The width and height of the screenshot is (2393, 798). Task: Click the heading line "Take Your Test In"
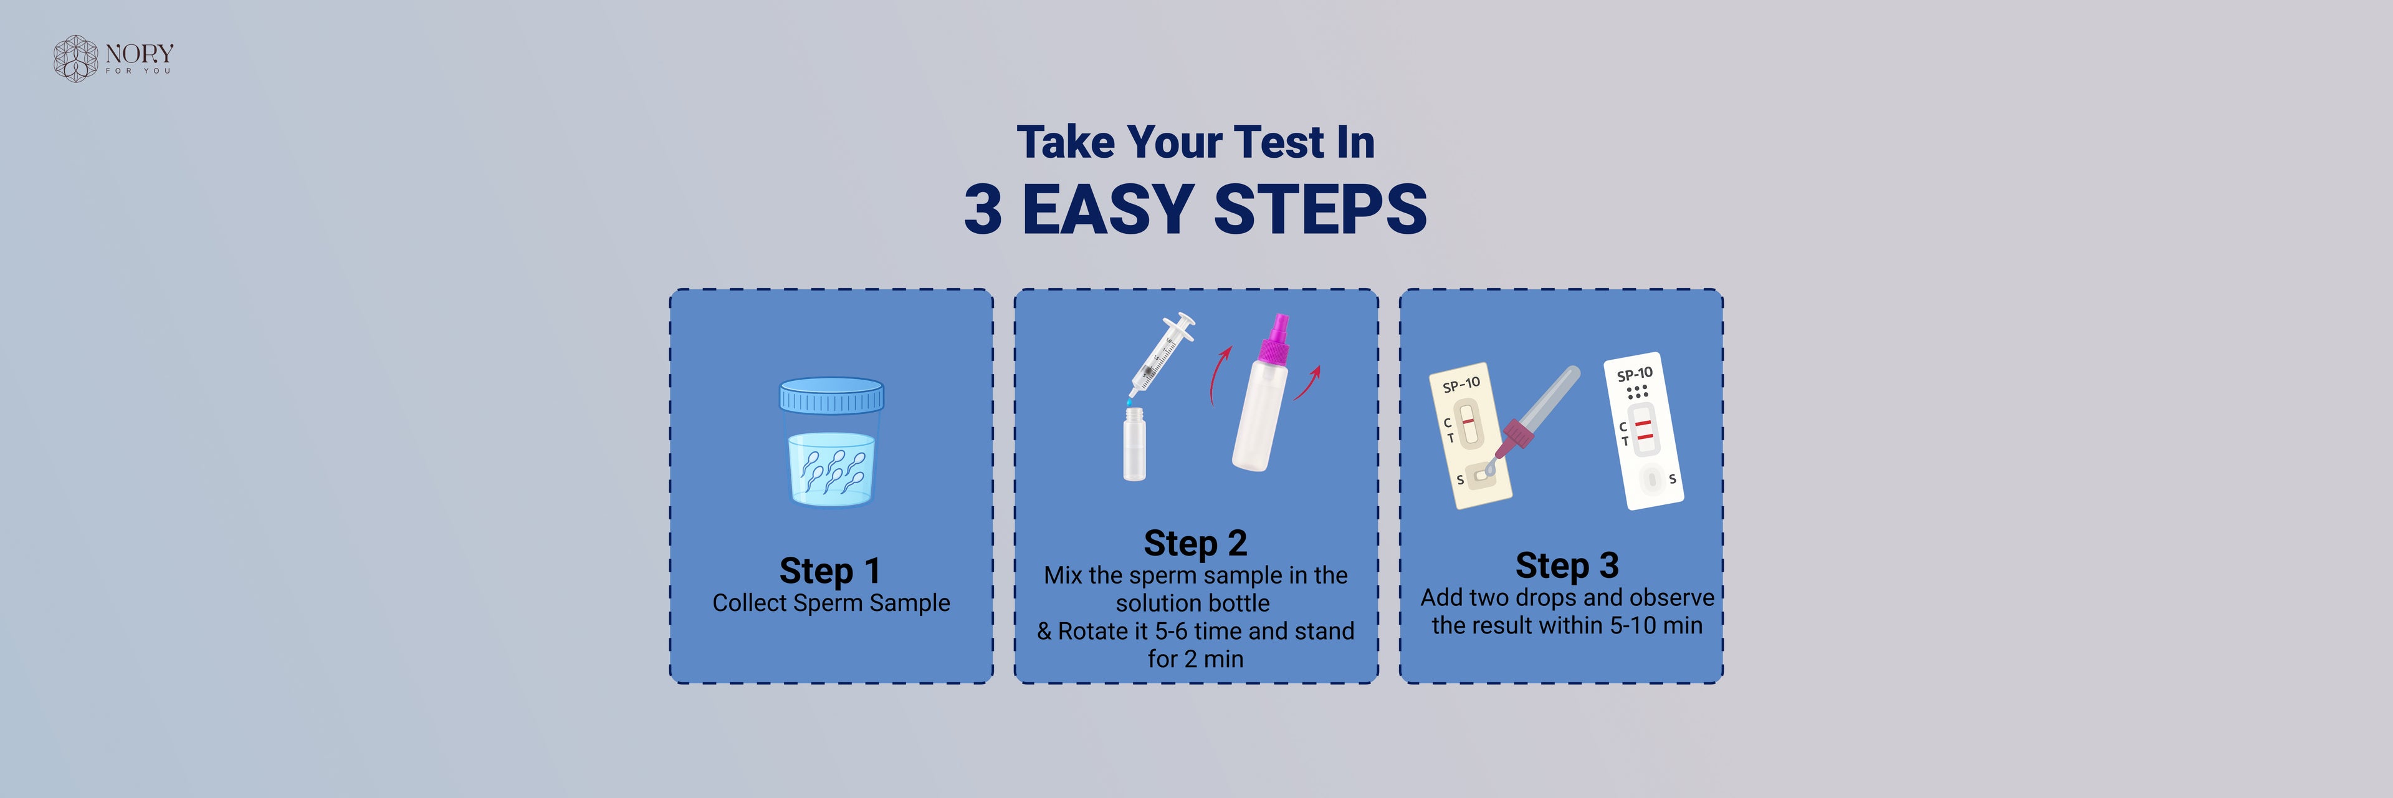pos(1196,142)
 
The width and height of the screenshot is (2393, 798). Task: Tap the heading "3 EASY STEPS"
pos(1196,209)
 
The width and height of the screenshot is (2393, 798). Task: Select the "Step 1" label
pos(829,570)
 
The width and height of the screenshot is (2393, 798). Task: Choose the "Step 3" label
pos(1567,565)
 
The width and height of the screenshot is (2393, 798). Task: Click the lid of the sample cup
pos(831,395)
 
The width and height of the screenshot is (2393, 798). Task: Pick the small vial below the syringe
pos(1134,443)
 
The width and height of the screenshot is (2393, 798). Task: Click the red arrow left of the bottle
pos(1220,375)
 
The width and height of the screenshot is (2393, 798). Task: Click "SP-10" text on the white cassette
pos(1635,373)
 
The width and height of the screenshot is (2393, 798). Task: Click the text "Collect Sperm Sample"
pos(831,603)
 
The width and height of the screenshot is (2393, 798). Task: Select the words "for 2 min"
pos(1196,658)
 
